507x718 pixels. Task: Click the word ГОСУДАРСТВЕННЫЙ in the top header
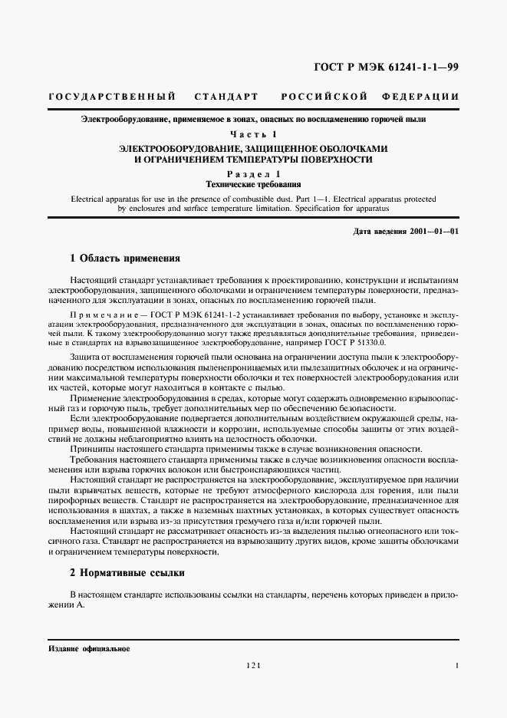112,97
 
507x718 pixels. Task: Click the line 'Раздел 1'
252,174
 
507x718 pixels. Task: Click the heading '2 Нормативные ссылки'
127,573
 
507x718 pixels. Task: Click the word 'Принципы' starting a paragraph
91,447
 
